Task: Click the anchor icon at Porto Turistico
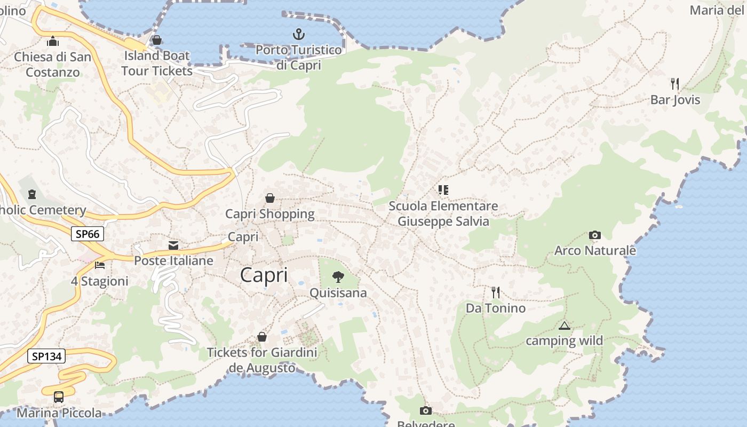pos(299,35)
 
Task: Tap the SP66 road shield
pos(88,234)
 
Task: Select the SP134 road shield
pos(46,356)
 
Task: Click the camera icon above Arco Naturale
pos(594,235)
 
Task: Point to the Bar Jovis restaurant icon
pos(675,83)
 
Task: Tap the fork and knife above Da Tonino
pos(496,292)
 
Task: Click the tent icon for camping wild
pos(564,326)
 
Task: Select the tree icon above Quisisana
pos(338,276)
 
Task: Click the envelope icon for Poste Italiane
pos(173,246)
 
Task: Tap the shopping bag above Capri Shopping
pos(270,198)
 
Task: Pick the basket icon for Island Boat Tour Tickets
pos(157,40)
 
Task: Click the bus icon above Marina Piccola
pos(59,397)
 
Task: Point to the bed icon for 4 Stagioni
pos(100,265)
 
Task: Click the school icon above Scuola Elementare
pos(443,189)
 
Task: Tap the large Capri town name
pos(264,275)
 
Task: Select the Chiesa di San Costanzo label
pos(53,64)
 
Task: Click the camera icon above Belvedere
pos(425,410)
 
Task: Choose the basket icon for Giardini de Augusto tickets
pos(262,337)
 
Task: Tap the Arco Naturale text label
pos(595,250)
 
